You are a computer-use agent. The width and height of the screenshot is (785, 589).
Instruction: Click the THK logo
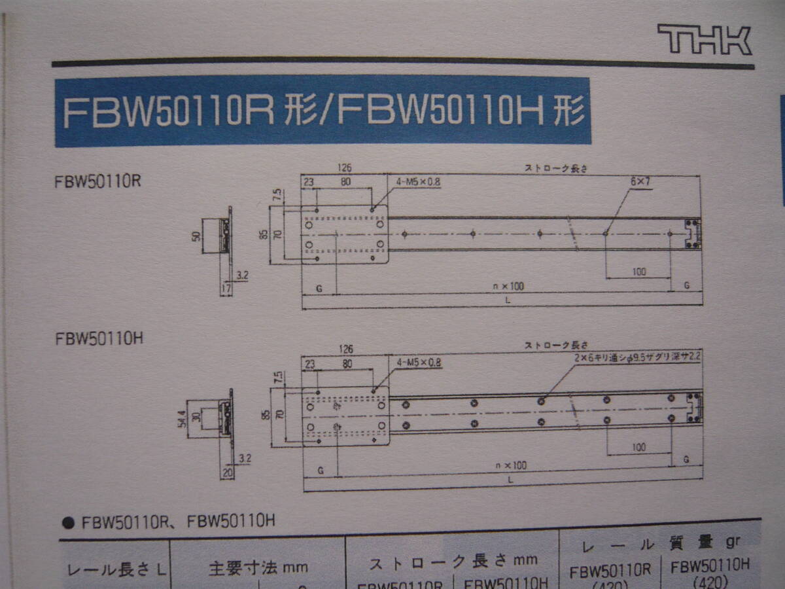click(704, 40)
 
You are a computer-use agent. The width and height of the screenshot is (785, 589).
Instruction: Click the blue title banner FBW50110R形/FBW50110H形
click(323, 111)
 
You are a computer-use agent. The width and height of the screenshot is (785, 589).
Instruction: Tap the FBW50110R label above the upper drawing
click(98, 182)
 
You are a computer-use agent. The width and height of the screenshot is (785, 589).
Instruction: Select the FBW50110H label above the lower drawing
click(99, 338)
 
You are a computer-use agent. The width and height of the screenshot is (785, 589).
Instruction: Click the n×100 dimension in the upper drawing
click(510, 286)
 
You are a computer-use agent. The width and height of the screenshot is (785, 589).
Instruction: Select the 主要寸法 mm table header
click(258, 567)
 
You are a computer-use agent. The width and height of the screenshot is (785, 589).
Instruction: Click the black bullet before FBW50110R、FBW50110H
click(67, 523)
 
